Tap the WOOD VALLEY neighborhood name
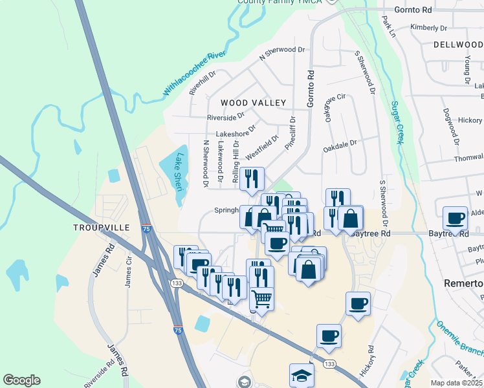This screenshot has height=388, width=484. pyautogui.click(x=253, y=103)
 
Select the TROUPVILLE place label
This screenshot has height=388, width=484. pyautogui.click(x=102, y=228)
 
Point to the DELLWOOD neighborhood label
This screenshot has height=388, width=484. pyautogui.click(x=458, y=45)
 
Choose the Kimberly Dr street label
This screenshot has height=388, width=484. pyautogui.click(x=429, y=28)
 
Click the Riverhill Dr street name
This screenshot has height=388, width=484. pyautogui.click(x=203, y=83)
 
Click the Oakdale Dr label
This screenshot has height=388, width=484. pyautogui.click(x=340, y=146)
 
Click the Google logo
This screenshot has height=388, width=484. pyautogui.click(x=22, y=380)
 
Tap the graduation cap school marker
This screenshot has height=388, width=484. pyautogui.click(x=302, y=374)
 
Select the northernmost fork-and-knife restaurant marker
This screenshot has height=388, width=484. pyautogui.click(x=252, y=178)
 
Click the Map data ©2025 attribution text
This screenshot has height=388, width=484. pyautogui.click(x=457, y=383)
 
